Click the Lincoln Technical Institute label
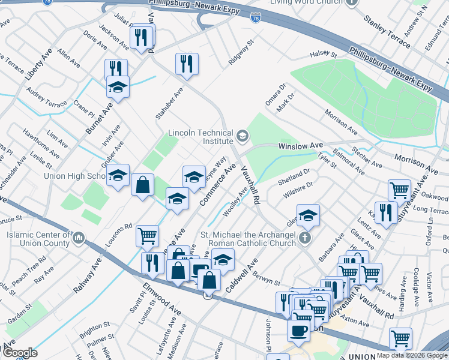200,136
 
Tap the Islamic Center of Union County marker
79,239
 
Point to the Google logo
20,353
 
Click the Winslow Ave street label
300,146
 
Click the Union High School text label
74,176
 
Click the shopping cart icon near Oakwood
399,190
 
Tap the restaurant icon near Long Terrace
386,212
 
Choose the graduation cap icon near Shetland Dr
308,215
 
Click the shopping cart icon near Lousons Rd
147,236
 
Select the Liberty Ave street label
36,66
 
